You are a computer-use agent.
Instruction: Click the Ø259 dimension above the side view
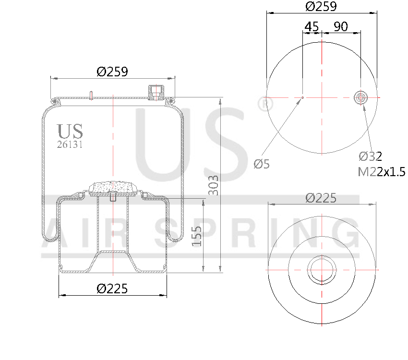[112, 72]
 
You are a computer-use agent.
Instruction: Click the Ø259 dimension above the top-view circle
[321, 7]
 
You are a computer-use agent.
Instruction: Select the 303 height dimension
[213, 185]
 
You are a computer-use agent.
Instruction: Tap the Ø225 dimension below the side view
[112, 288]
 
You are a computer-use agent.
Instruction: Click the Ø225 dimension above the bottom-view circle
[321, 198]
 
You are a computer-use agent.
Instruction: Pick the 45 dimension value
[312, 27]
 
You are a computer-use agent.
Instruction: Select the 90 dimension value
[341, 27]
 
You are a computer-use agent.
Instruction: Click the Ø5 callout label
[262, 164]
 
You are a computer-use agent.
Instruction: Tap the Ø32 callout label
[371, 156]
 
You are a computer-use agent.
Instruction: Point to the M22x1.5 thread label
[381, 171]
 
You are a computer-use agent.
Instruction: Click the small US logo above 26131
[70, 131]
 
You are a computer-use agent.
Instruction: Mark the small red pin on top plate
[91, 95]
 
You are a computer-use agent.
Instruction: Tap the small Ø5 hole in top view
[302, 97]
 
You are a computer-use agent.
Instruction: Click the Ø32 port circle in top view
[360, 97]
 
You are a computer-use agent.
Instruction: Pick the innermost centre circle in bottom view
[321, 269]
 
